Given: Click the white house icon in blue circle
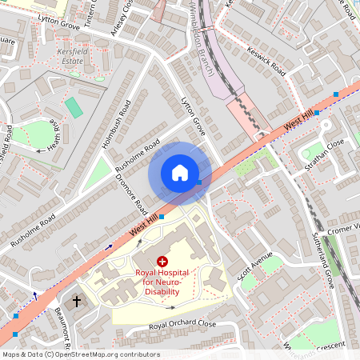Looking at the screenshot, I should pyautogui.click(x=180, y=173).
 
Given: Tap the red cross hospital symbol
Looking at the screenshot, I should pyautogui.click(x=162, y=262).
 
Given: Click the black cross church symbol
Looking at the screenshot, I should pyautogui.click(x=78, y=302).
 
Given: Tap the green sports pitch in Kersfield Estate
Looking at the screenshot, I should pyautogui.click(x=74, y=107).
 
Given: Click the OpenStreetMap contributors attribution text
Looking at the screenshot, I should pyautogui.click(x=80, y=354).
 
